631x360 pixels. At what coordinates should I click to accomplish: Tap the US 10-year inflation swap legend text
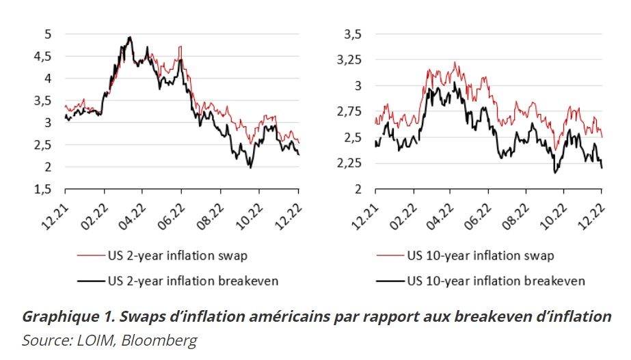480,256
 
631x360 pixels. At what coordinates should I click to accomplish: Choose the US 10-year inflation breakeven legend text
496,280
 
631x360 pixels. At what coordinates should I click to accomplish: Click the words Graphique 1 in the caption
60,317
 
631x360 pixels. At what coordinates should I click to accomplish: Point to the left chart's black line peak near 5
130,37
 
